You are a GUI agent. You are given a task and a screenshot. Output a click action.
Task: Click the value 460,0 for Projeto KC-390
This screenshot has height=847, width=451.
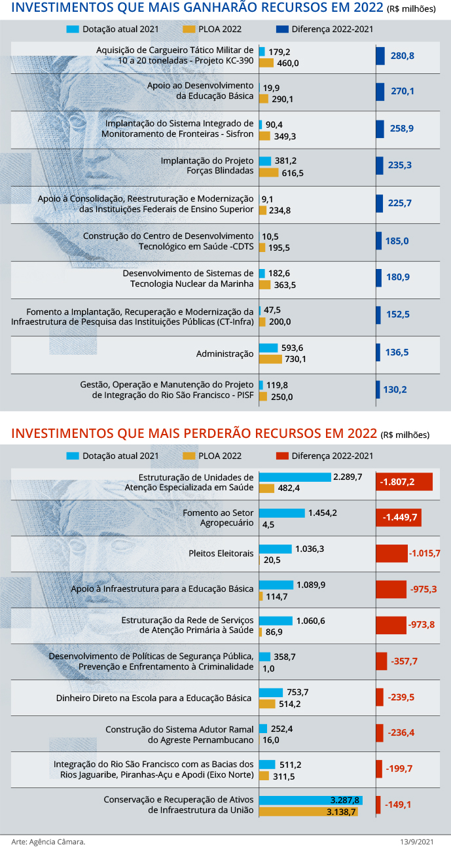point(287,63)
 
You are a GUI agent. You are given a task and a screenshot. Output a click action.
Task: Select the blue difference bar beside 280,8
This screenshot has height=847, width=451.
point(380,56)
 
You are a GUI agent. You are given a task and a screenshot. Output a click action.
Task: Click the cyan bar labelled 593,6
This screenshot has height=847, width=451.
point(268,348)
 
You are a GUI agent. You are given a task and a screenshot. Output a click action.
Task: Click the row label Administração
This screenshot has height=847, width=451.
point(225,353)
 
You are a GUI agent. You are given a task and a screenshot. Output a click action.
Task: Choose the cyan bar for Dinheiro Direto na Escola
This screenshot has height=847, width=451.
point(271,693)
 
